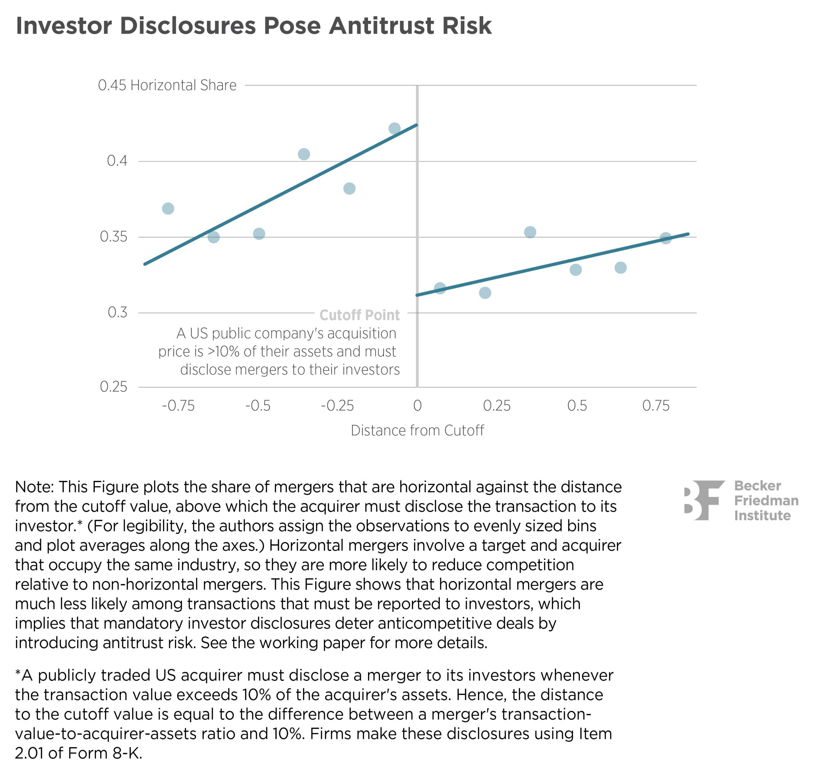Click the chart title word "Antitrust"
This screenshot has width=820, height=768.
(x=381, y=26)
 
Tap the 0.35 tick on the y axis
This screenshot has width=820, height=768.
(x=113, y=237)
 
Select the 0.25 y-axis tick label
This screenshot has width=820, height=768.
(x=113, y=387)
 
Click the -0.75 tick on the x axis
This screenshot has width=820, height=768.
(x=178, y=406)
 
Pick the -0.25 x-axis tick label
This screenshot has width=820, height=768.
(x=337, y=406)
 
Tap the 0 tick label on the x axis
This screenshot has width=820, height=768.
(x=417, y=406)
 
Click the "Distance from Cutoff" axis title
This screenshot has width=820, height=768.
(x=417, y=430)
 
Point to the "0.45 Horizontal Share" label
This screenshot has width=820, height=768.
(x=167, y=85)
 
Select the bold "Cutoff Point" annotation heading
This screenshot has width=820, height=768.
(x=359, y=315)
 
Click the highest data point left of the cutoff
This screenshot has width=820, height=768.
(x=394, y=129)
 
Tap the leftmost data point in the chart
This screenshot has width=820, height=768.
(x=168, y=209)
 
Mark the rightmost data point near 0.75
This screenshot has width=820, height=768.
(x=666, y=238)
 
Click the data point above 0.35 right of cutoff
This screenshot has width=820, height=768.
(x=530, y=232)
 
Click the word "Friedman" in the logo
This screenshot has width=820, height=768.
(x=766, y=500)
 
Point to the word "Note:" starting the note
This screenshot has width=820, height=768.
(x=34, y=487)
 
